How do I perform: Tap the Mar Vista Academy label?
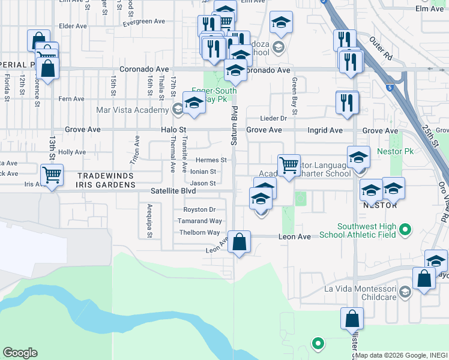(132, 110)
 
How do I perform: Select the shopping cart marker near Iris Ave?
(52, 175)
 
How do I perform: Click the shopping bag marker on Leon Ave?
(239, 243)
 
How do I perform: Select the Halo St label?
(174, 130)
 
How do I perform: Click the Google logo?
(20, 353)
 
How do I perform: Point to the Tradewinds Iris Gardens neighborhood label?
(107, 180)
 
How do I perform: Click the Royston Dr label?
(200, 209)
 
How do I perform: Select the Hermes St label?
(211, 160)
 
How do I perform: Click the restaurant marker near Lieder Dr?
(347, 103)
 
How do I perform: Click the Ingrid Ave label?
(327, 130)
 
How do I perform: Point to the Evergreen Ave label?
(143, 22)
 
